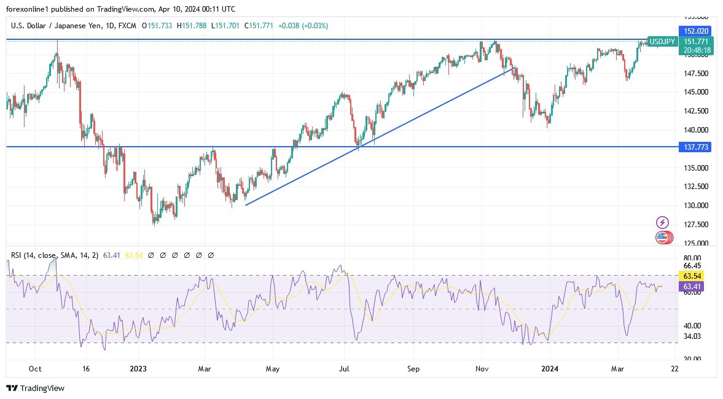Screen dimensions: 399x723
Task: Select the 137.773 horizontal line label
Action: click(x=695, y=147)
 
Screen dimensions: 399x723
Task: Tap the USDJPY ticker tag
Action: click(x=663, y=41)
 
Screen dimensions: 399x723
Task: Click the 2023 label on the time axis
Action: click(x=138, y=369)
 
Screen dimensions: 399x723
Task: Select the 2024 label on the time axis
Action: click(x=549, y=369)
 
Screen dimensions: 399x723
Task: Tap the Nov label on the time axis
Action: click(x=482, y=369)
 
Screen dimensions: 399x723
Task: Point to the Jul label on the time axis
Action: click(x=344, y=369)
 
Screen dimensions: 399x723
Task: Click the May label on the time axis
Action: click(x=273, y=369)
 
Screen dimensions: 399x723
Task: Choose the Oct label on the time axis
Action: click(x=35, y=369)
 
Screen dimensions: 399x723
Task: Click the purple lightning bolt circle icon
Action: click(x=662, y=222)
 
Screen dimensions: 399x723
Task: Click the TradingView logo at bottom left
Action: click(x=35, y=388)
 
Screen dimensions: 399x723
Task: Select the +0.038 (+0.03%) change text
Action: click(x=303, y=26)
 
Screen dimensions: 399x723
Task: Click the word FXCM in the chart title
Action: click(x=128, y=26)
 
